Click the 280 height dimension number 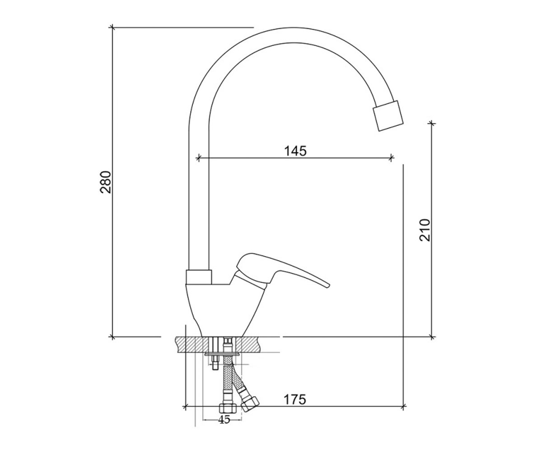106,182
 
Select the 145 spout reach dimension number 295,151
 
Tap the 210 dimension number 425,230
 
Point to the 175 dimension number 295,400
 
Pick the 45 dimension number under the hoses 224,419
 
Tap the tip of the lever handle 328,285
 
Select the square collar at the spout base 199,277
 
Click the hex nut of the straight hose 228,409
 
